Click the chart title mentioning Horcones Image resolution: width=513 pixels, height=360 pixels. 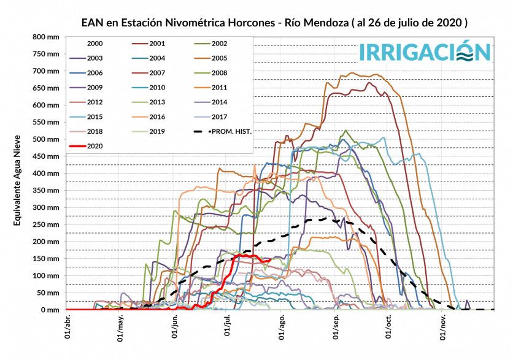pos(274,23)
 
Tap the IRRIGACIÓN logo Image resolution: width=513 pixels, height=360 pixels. pos(424,52)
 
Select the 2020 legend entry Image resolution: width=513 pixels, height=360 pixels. pos(95,146)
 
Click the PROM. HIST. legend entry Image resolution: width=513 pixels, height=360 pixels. pos(230,131)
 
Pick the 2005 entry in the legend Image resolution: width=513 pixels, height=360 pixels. pos(218,58)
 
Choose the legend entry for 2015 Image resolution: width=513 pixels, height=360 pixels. pos(95,117)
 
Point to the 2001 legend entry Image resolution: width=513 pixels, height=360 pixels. pos(157,44)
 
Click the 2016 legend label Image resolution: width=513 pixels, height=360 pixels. pos(157,117)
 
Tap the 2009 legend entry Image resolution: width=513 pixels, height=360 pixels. pos(95,88)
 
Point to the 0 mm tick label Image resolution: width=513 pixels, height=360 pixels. pos(51,310)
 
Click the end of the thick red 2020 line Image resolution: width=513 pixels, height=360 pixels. pos(270,259)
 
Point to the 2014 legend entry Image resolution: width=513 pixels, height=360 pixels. pos(218,102)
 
